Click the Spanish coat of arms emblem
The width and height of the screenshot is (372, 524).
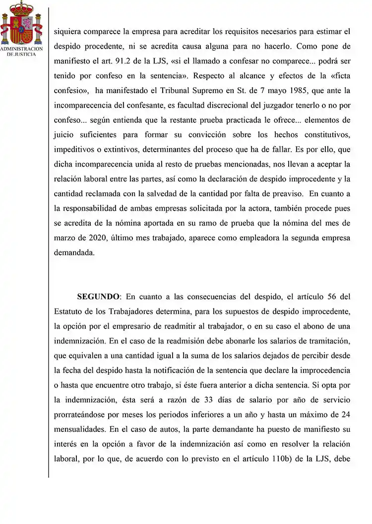pyautogui.click(x=22, y=23)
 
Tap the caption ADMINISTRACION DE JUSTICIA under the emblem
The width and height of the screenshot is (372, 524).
pyautogui.click(x=22, y=52)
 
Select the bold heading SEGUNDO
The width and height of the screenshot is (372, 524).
pyautogui.click(x=98, y=297)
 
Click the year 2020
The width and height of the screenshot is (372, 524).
pyautogui.click(x=89, y=237)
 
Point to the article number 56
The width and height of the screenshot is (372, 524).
pyautogui.click(x=333, y=297)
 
